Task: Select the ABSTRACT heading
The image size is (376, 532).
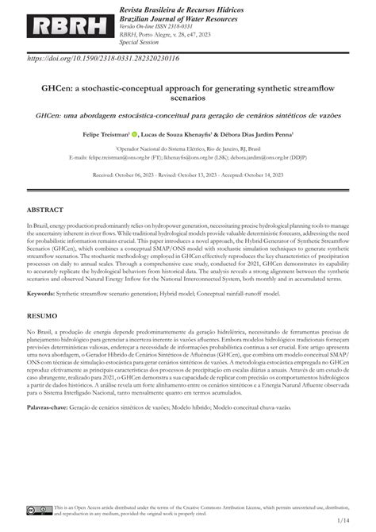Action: [x=46, y=210]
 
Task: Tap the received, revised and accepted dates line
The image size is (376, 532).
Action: [x=187, y=173]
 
